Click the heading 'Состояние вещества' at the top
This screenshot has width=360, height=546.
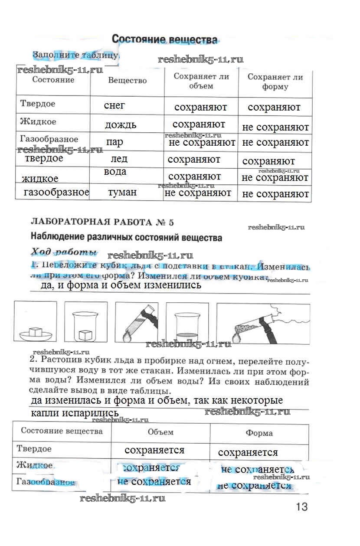pos(164,39)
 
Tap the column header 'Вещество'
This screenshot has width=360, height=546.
pos(127,80)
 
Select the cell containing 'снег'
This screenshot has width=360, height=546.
pos(115,105)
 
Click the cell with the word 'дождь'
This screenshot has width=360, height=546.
pos(120,125)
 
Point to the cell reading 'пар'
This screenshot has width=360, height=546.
pos(115,142)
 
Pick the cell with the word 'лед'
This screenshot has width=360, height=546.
pos(119,159)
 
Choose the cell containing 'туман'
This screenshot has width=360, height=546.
pos(122,192)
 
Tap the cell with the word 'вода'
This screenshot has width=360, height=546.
pos(115,172)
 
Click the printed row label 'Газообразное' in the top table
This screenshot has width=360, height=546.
pos(49,139)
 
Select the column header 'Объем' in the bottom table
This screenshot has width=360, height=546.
pos(160,432)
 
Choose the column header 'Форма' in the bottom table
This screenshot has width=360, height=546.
pos(259,433)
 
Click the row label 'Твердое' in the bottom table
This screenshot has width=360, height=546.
pos(33,448)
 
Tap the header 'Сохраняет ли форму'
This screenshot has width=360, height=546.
pos(275,82)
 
